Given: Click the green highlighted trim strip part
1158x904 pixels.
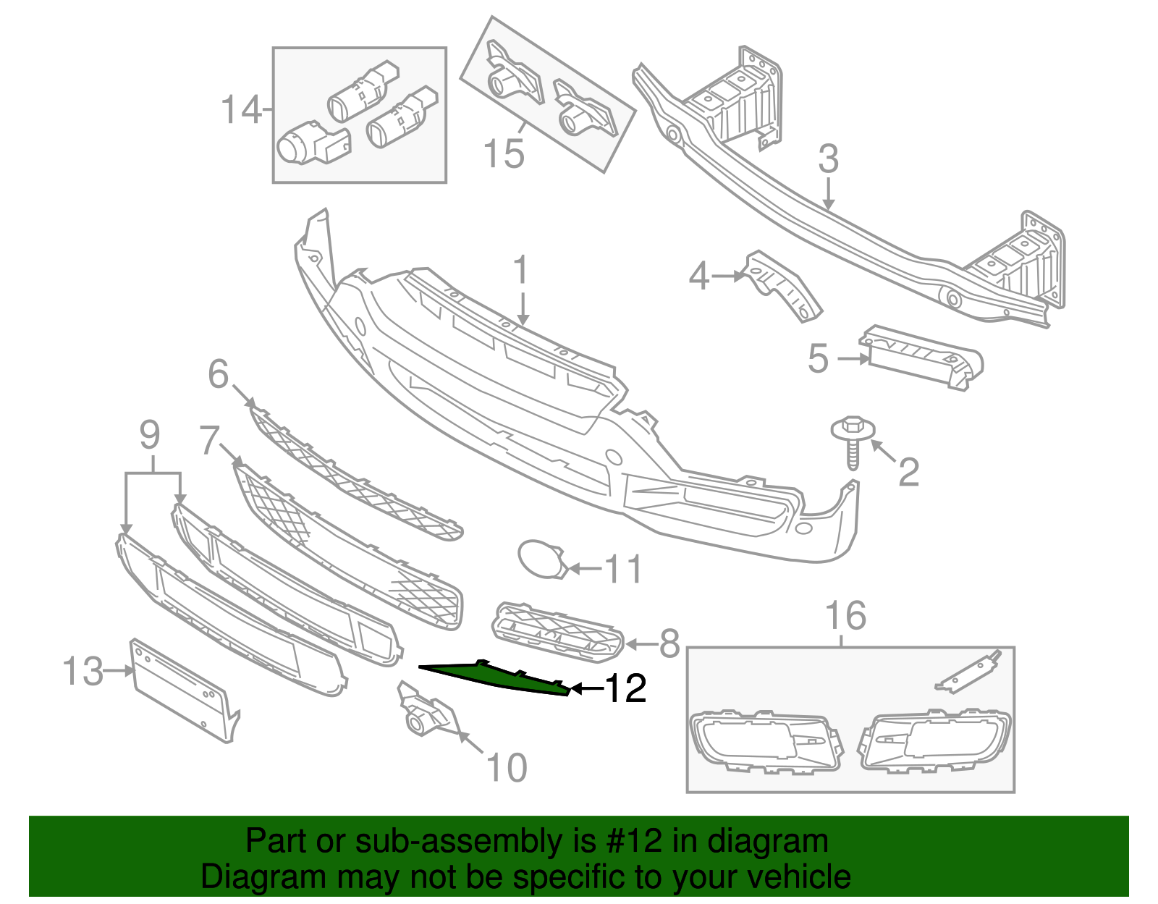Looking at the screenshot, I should coord(499,677).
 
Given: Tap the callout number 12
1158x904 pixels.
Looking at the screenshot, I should coord(625,688).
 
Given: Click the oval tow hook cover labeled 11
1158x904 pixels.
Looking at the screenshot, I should coord(540,559).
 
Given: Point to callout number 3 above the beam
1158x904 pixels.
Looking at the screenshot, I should coord(828,160).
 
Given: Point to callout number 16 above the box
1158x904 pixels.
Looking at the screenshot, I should coord(845,617).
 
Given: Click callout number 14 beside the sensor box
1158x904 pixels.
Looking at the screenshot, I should coord(240,111).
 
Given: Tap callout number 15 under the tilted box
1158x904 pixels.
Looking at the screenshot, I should coord(503,154).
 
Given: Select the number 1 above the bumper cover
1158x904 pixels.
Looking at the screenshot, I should coord(521,271).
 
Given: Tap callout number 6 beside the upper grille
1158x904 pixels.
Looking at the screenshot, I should coord(218,375).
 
